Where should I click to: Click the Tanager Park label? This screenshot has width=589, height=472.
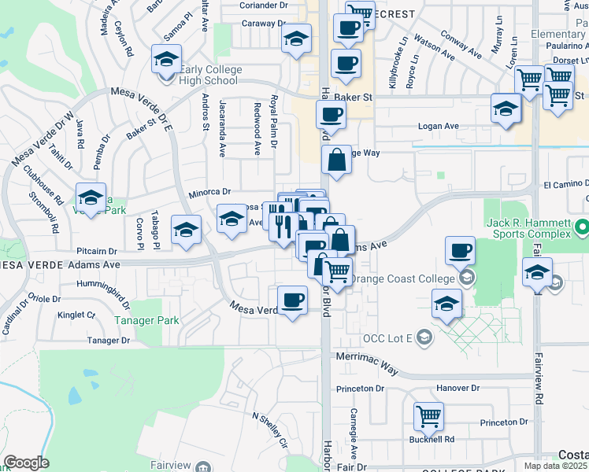pos(146,321)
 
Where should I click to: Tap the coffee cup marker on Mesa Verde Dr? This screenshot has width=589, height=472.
pos(293,299)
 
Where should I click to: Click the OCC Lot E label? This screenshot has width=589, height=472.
pos(387,338)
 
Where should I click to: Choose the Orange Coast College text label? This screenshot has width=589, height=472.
pos(402,278)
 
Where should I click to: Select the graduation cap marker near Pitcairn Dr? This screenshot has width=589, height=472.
pos(185,229)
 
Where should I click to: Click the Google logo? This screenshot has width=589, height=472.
pos(26,463)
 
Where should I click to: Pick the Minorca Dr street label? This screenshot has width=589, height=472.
pos(209,191)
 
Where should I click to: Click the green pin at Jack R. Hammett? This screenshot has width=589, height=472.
pos(582,229)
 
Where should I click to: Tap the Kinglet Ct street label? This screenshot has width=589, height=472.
pos(76,315)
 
